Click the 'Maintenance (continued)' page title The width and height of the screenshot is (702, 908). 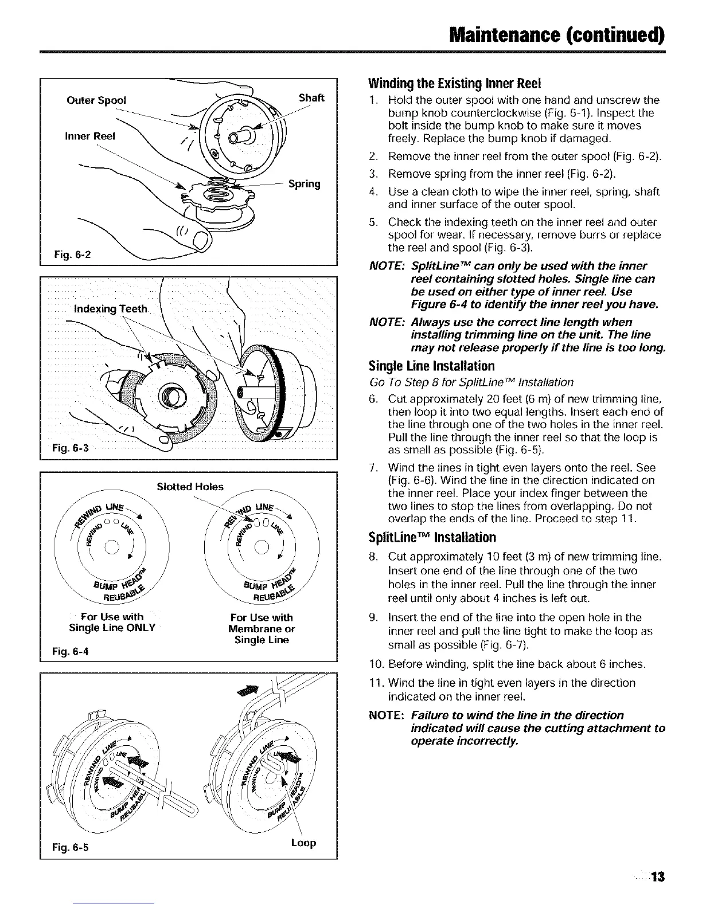[557, 34]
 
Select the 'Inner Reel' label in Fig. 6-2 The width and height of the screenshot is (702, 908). [89, 136]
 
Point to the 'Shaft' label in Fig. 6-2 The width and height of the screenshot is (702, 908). [312, 98]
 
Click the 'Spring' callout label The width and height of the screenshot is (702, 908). [304, 184]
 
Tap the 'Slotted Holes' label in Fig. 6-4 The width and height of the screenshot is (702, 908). [190, 487]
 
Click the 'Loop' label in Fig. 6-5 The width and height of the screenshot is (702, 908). [303, 843]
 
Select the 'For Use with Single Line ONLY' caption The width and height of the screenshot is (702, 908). [111, 623]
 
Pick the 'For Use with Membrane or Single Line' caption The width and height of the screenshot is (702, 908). [261, 628]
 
